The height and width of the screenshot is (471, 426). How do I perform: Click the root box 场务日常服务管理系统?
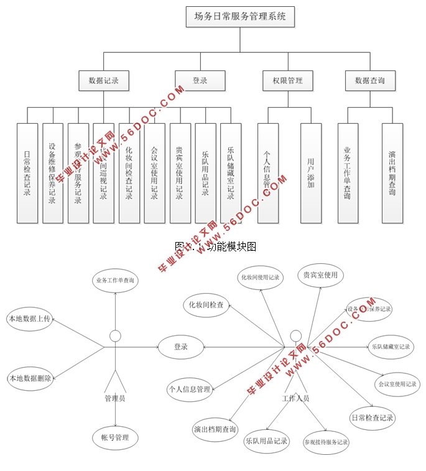click(240, 17)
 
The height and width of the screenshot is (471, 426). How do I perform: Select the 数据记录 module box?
click(104, 80)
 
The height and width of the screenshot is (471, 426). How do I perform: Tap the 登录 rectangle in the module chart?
click(200, 80)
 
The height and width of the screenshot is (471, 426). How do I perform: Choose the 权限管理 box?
click(287, 80)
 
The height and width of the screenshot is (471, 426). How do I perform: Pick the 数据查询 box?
click(370, 80)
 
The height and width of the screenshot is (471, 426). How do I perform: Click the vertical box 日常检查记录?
click(27, 173)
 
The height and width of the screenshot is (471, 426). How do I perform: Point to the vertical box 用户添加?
click(311, 173)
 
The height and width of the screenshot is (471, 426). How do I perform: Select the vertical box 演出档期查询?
click(392, 173)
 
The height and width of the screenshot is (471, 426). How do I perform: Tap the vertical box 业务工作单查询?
click(348, 173)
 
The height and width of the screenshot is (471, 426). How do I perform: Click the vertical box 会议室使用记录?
click(155, 173)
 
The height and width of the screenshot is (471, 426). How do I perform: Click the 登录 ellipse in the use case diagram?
click(181, 347)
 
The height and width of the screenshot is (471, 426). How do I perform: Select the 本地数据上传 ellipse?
click(29, 319)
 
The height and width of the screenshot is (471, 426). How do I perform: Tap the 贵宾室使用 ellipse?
click(320, 275)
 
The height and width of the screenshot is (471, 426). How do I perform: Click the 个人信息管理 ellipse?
click(190, 389)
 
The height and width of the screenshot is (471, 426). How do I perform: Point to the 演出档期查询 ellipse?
click(215, 429)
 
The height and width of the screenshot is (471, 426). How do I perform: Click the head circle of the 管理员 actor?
click(115, 337)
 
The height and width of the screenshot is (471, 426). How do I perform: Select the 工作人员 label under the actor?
click(295, 398)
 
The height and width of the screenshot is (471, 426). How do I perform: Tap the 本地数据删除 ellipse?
click(29, 378)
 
